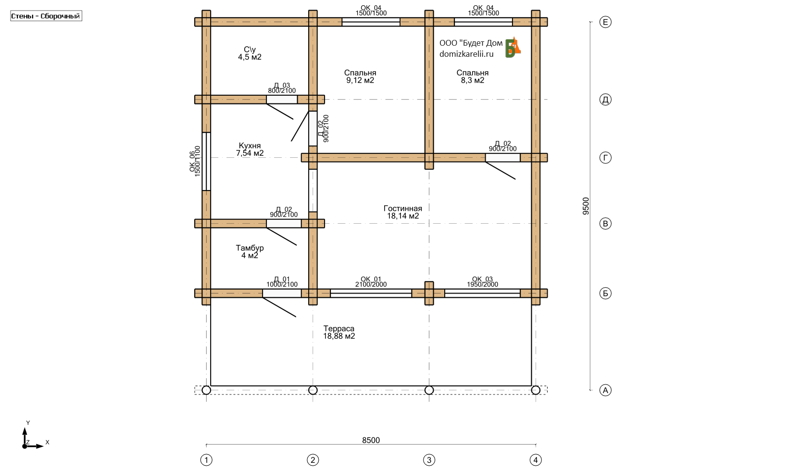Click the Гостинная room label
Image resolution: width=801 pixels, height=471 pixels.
coord(402,208)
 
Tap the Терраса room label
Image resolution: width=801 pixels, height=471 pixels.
coord(338,329)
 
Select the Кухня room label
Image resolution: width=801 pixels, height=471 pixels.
coord(250,146)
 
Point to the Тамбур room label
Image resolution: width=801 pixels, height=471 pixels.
coord(250,248)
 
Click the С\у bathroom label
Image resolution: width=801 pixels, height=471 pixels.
coord(250,50)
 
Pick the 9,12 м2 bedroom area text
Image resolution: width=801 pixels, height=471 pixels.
coord(360,80)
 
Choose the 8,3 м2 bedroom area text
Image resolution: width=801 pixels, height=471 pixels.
coord(472,80)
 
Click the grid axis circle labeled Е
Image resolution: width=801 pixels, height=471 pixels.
coord(605,22)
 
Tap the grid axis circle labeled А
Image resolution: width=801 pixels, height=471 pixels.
coord(605,390)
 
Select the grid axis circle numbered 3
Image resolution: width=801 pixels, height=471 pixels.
coord(429,460)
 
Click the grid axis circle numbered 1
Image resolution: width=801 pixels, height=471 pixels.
coord(206,460)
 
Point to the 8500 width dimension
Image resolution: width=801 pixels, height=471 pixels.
coord(371,440)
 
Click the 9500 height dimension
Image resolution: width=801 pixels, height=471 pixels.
coord(586,206)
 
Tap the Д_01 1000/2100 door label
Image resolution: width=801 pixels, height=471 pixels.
coord(282,281)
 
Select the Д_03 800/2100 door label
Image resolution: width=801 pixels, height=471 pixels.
coord(282,88)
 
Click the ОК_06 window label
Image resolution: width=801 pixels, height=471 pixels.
coord(195,161)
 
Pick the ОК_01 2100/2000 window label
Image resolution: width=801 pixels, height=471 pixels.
coord(371,281)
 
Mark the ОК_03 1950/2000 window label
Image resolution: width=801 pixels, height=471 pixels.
coord(482,281)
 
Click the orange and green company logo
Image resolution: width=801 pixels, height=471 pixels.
coord(513,47)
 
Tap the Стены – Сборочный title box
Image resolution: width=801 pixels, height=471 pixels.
coord(46,16)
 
